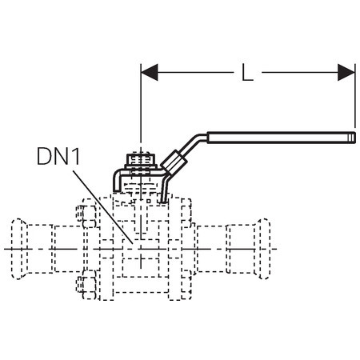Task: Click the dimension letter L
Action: pyautogui.click(x=247, y=72)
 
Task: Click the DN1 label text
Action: pyautogui.click(x=58, y=157)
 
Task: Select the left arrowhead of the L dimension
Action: pyautogui.click(x=150, y=72)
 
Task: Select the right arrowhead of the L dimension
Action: pyautogui.click(x=346, y=72)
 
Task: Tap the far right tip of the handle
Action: pyautogui.click(x=355, y=138)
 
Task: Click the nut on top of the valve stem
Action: pyautogui.click(x=141, y=160)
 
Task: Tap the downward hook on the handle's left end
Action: pyautogui.click(x=117, y=182)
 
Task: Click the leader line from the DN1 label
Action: pyautogui.click(x=103, y=207)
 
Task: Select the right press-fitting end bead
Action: pyautogui.click(x=263, y=249)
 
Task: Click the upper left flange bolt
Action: pyautogui.click(x=86, y=216)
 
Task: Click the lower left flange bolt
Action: pyautogui.click(x=86, y=284)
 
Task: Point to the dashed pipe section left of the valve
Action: pyautogui.click(x=54, y=249)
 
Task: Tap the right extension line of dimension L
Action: pyautogui.click(x=355, y=96)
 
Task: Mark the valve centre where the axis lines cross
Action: pyautogui.click(x=141, y=249)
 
